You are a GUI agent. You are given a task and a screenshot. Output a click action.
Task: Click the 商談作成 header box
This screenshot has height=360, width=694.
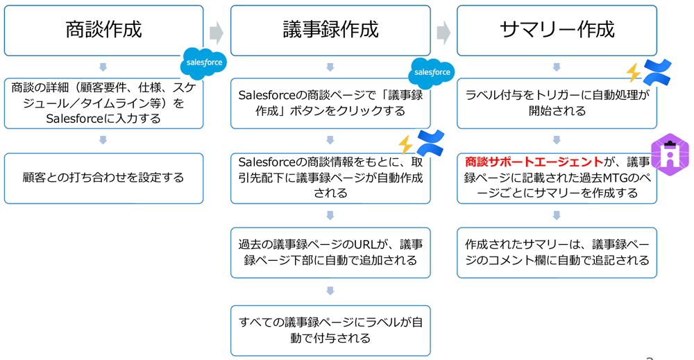pos(103,31)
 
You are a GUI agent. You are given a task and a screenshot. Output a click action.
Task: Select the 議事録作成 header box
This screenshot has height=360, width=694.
pos(330,31)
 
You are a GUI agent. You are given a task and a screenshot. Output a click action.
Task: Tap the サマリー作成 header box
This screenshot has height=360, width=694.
pos(557,31)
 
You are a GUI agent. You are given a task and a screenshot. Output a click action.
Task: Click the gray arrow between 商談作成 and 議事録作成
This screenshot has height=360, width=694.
pos(217,32)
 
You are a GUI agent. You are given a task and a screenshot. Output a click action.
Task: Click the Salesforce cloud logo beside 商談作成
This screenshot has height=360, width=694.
pos(203,62)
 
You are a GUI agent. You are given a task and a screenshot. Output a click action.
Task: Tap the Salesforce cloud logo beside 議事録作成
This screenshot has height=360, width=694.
pos(431,72)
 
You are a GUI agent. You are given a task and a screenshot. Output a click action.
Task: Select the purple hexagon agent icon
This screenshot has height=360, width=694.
pos(670,154)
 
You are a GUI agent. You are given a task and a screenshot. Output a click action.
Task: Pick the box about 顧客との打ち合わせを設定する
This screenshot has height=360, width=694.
pos(103,178)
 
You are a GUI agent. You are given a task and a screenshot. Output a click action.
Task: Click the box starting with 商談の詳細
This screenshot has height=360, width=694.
pos(103,103)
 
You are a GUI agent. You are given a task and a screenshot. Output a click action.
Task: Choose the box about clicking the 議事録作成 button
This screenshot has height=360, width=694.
pos(330,103)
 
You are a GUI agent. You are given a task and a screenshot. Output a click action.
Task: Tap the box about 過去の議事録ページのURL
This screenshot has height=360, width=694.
pos(330,252)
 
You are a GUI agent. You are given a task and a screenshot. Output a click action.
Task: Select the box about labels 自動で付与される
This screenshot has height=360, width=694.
pos(330,330)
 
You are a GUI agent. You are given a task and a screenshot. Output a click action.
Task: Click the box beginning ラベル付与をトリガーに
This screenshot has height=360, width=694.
pos(557,103)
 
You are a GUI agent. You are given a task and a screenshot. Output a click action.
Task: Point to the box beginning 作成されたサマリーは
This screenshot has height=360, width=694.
pos(557,252)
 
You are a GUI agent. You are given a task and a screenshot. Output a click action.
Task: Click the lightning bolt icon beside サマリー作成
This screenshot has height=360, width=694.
pos(634,72)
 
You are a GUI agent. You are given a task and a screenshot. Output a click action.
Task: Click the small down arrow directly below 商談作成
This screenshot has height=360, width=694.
pos(103,67)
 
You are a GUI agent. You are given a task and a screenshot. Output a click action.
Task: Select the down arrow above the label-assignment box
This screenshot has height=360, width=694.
pos(330,291)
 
